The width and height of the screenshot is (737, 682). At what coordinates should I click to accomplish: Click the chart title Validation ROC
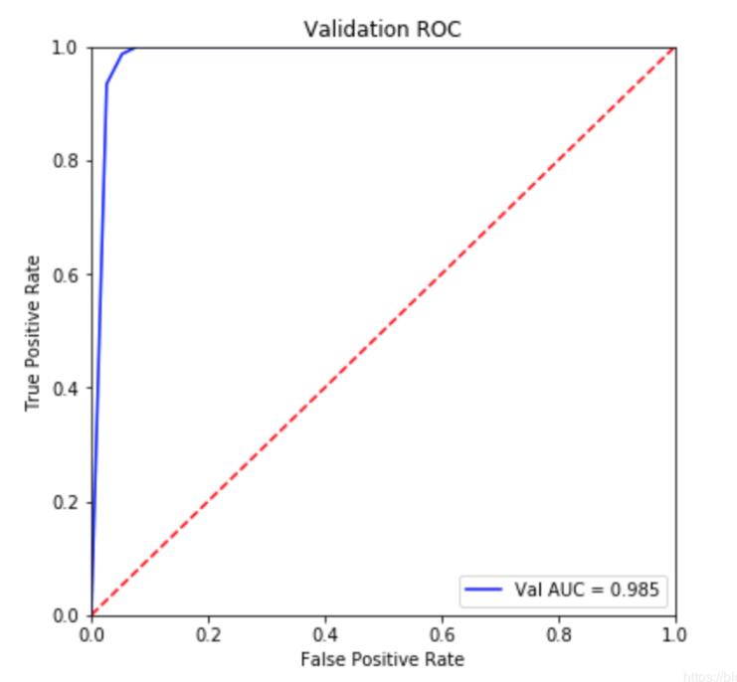(383, 31)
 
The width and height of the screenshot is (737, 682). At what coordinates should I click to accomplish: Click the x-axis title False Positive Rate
(383, 658)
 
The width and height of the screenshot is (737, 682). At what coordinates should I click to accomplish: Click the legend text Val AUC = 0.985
(587, 591)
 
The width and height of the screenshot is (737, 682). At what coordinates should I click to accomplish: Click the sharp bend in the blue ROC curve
(106, 85)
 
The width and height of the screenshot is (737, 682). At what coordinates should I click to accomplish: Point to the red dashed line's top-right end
(675, 48)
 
